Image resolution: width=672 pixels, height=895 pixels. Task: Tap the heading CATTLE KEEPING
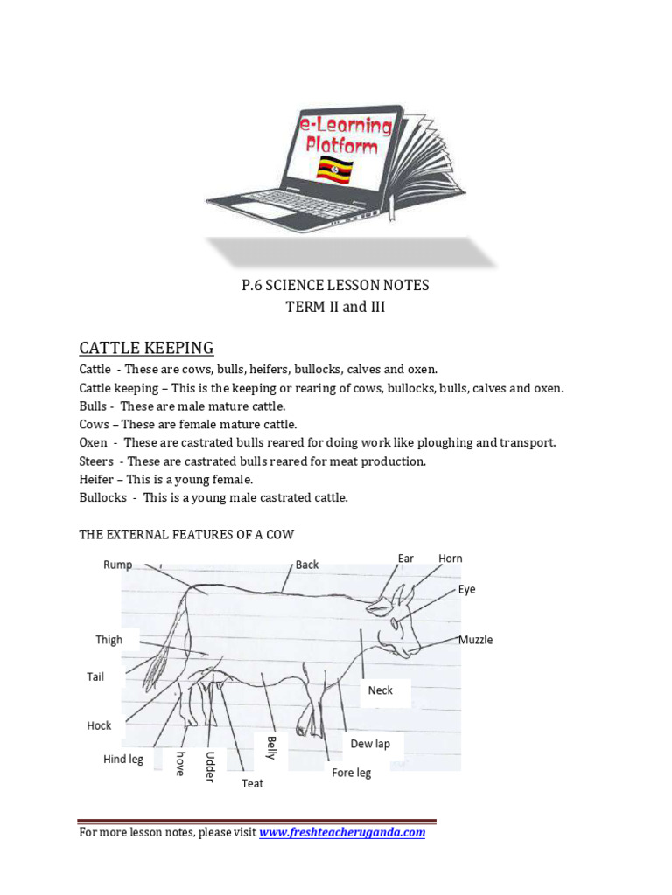pos(146,348)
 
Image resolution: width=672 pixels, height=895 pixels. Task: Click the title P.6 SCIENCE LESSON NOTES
pos(336,286)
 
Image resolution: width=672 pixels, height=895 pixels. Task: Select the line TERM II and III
pos(336,308)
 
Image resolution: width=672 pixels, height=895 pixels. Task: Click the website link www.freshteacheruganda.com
pos(343,833)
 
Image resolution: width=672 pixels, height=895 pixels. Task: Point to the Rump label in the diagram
pos(117,565)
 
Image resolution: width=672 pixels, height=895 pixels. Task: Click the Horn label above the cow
pos(450,559)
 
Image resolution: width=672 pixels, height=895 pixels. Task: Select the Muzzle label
pos(475,640)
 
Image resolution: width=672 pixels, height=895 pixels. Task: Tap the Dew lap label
pos(370,744)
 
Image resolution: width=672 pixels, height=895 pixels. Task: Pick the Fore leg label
pos(351,773)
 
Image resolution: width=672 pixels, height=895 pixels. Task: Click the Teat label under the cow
pos(252,783)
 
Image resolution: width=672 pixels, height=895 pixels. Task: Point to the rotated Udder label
pos(210,766)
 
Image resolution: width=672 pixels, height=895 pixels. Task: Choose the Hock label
pos(99,725)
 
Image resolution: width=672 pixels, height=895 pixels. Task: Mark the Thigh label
pos(109,640)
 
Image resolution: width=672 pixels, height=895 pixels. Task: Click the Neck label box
pos(380,690)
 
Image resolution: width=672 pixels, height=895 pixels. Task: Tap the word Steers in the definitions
pos(96,461)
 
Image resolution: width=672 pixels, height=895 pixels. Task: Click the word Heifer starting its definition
pos(98,480)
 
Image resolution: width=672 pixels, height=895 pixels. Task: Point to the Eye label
pos(466,589)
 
